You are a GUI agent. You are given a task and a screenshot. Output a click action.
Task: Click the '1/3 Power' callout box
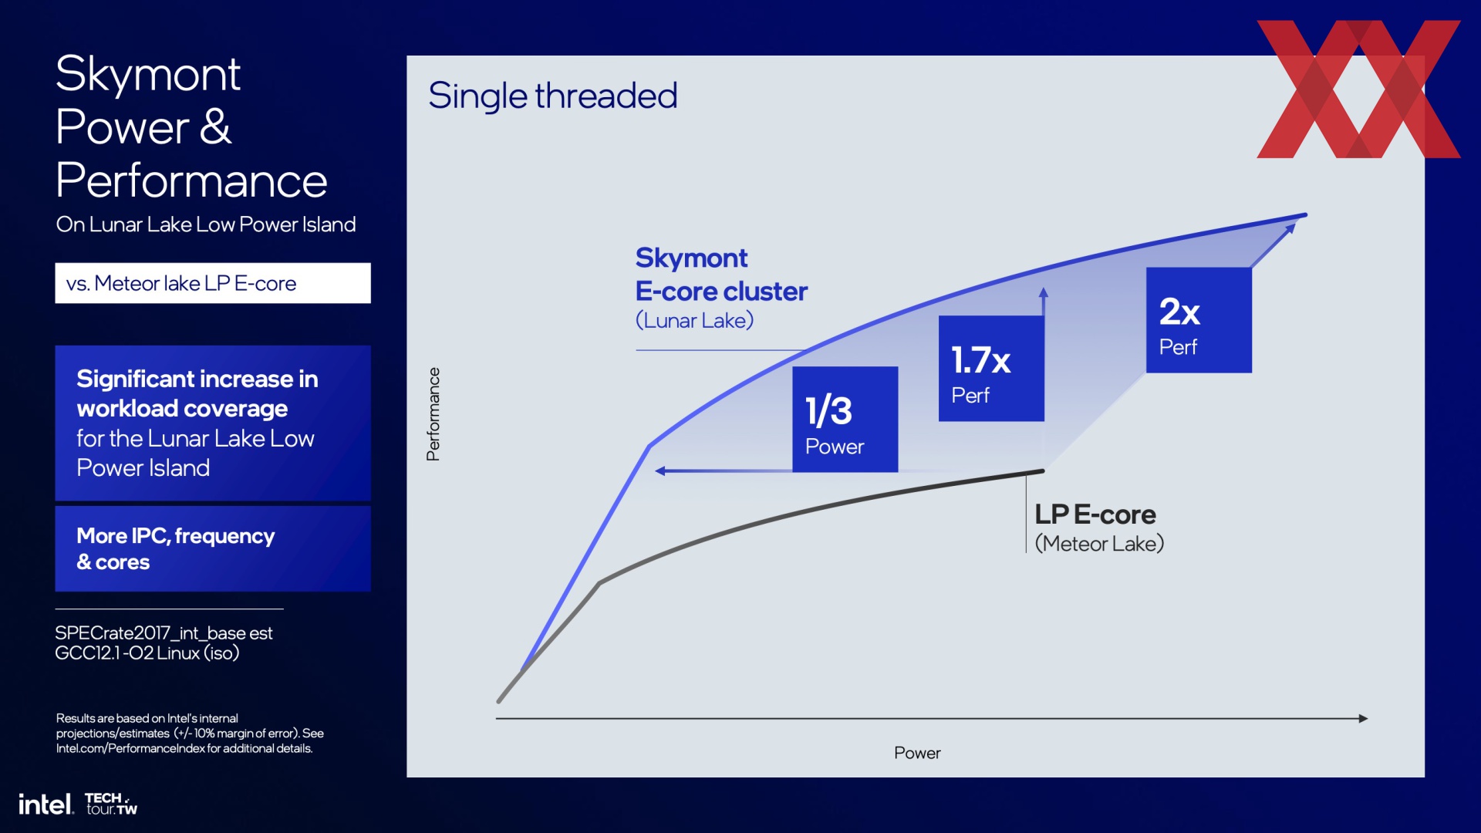(845, 419)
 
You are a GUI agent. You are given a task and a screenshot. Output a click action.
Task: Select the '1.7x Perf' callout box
(991, 369)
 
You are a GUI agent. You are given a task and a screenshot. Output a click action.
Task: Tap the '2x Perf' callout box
(1199, 320)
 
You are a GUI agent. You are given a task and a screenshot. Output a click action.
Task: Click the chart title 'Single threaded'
(552, 96)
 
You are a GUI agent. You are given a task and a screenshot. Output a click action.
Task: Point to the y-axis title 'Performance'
(434, 414)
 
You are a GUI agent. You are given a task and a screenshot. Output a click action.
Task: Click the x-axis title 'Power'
(917, 753)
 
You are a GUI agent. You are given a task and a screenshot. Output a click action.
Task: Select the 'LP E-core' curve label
(1095, 514)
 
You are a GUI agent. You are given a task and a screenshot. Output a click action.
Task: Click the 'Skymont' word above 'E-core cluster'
(691, 258)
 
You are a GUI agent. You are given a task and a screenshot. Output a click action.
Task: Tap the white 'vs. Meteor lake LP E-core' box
(213, 283)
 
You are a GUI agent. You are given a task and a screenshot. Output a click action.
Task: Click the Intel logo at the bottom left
(46, 804)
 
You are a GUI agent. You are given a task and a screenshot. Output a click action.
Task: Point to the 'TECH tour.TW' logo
(111, 804)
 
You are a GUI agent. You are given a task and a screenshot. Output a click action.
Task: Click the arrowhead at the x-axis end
(1363, 718)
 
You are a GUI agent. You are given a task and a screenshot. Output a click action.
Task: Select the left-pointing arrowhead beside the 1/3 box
(660, 470)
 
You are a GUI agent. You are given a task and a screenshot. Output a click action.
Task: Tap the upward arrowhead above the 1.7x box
(1043, 292)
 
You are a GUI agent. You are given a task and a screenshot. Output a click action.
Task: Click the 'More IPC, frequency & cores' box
(213, 548)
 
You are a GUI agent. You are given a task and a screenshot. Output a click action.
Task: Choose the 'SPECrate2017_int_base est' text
(164, 633)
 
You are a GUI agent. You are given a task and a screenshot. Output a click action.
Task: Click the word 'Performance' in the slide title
(191, 181)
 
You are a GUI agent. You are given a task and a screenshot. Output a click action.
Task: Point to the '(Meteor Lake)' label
(1099, 544)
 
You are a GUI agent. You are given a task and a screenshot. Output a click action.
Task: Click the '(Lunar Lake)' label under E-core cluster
(694, 320)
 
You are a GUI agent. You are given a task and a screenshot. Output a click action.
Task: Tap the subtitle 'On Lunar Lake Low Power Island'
(206, 224)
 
